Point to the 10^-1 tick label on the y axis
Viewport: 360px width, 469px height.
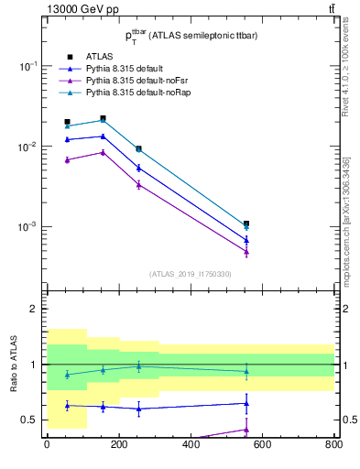click(x=28, y=67)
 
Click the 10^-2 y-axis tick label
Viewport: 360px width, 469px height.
click(x=28, y=147)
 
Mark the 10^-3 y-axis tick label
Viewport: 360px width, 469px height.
click(x=28, y=226)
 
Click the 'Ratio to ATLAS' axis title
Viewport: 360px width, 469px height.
click(x=13, y=365)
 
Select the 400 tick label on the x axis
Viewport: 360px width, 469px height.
click(x=191, y=445)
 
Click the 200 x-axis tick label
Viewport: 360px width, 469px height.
click(x=118, y=445)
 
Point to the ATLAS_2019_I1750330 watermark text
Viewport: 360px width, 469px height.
click(x=191, y=274)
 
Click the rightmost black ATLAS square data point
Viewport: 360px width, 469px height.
click(x=246, y=224)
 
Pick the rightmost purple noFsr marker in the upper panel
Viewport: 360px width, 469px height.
click(x=246, y=252)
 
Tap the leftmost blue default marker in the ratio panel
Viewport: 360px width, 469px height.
click(x=67, y=404)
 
